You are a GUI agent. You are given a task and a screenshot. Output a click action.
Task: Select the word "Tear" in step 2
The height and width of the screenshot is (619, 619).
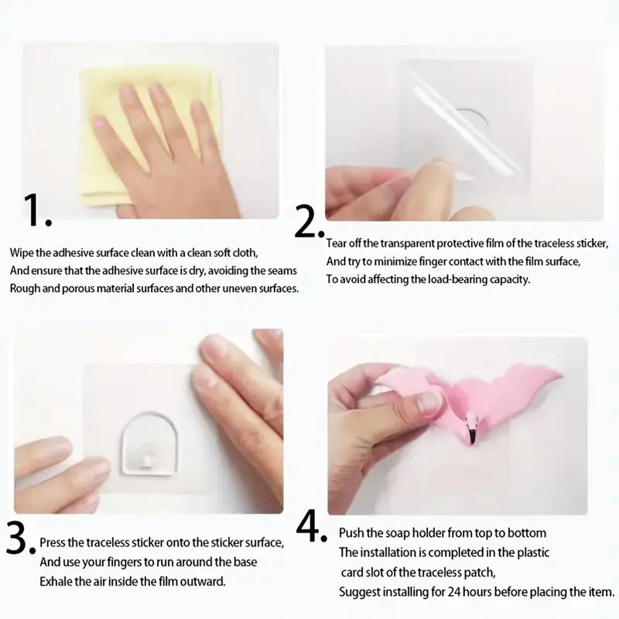[x=339, y=244]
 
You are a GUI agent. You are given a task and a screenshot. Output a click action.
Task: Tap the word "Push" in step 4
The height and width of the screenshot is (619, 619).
[x=352, y=534]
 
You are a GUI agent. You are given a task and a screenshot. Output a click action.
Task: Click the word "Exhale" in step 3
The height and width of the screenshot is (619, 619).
[x=56, y=580]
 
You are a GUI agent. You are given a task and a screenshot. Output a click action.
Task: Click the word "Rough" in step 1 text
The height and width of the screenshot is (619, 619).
[x=25, y=287]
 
